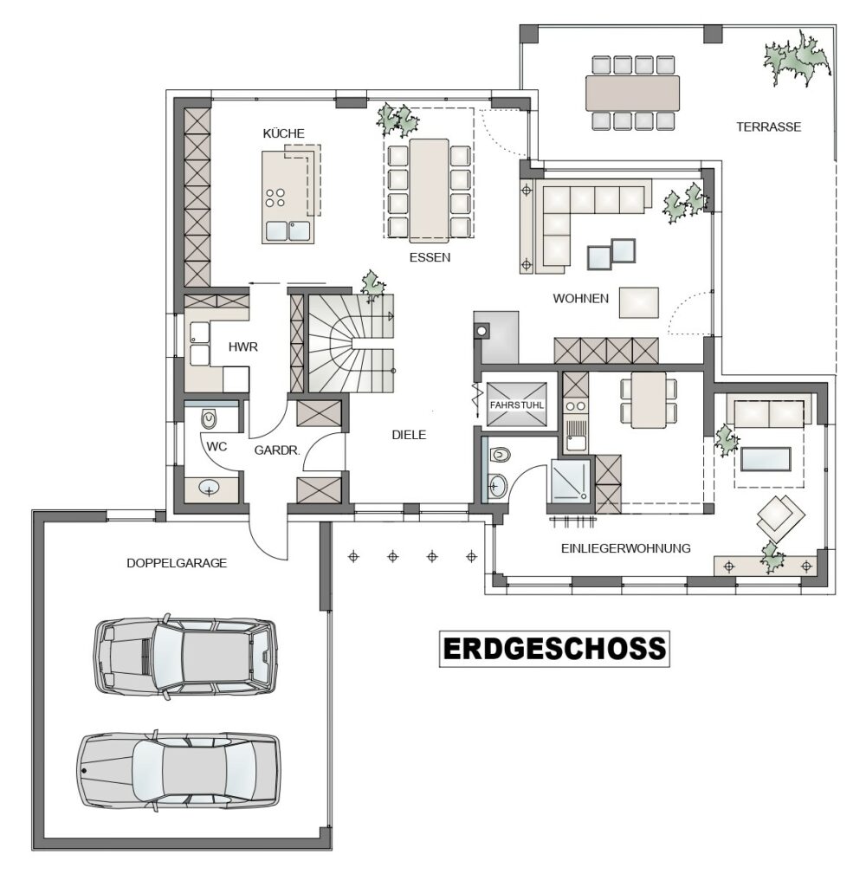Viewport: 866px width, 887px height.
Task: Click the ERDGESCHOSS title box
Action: pos(554,649)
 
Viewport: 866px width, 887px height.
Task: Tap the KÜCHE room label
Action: pos(283,133)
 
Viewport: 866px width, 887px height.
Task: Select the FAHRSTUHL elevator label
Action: pos(516,405)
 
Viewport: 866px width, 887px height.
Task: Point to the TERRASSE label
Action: pos(769,126)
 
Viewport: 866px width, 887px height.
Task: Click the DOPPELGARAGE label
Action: pos(177,563)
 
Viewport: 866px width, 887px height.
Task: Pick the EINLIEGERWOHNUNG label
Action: pos(625,548)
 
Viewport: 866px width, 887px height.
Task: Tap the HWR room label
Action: pos(243,346)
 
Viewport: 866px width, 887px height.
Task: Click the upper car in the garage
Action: pos(185,657)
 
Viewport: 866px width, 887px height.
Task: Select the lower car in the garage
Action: pos(178,770)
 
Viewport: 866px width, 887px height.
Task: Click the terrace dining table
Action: pos(632,93)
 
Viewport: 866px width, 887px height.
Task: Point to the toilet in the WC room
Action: pos(210,419)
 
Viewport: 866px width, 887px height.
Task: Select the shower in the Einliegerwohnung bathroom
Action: pos(571,480)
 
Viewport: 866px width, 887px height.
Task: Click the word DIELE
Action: pos(409,435)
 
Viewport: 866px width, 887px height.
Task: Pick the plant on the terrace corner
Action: pos(798,58)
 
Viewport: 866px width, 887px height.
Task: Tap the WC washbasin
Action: pos(210,489)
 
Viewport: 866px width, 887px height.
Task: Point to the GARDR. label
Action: pos(276,450)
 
